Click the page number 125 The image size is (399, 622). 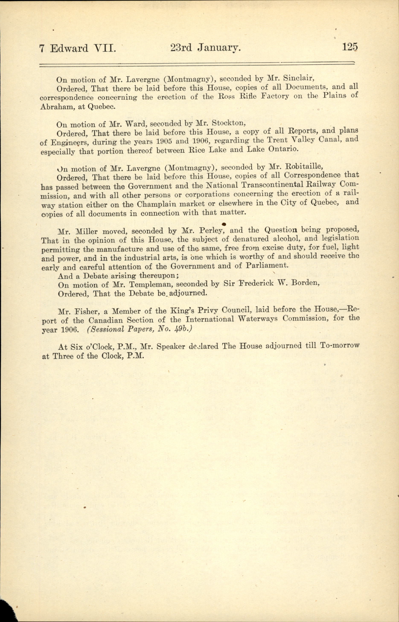point(349,47)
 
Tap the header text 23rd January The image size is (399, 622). point(205,48)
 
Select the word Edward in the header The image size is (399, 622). point(69,48)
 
